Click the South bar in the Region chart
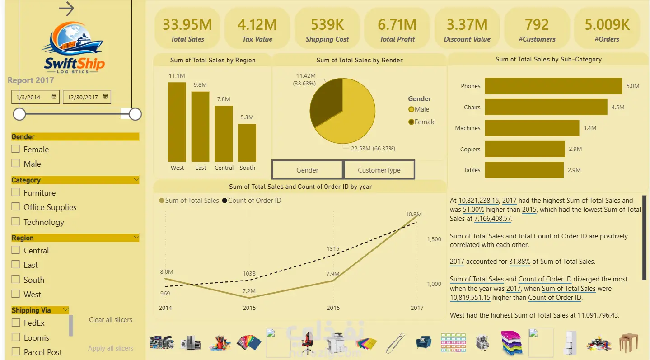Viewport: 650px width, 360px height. (247, 143)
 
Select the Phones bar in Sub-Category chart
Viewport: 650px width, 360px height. (553, 86)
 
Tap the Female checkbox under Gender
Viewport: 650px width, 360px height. (16, 149)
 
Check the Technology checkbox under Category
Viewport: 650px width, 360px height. (16, 222)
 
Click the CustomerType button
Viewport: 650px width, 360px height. (379, 170)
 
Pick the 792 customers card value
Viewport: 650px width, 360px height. (537, 25)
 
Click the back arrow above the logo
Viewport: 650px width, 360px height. (66, 9)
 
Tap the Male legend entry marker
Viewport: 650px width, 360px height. (411, 109)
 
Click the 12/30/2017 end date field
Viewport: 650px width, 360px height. (87, 97)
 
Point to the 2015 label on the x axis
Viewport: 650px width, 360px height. (249, 308)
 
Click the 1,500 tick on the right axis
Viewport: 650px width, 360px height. (434, 239)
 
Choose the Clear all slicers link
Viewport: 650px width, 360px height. (110, 320)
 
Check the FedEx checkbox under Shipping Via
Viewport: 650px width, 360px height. (16, 323)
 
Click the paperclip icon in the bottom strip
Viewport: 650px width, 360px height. (395, 343)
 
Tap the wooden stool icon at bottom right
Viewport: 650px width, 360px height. (628, 343)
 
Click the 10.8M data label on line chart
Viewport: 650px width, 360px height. (413, 215)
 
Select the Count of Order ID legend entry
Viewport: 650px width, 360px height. (252, 201)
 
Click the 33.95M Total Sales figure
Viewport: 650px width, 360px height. (187, 25)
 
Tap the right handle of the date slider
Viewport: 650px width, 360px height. (135, 114)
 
